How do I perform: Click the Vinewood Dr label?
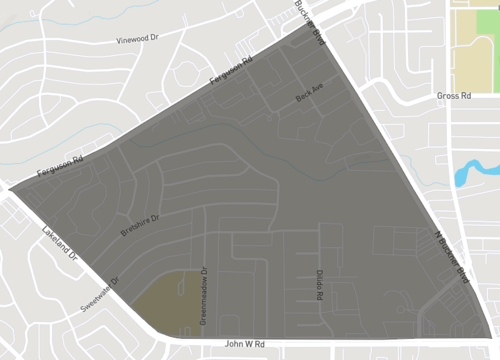click(138, 38)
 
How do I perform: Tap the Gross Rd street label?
click(453, 97)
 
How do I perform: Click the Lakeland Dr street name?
click(60, 243)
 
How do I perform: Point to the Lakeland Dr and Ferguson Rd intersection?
click(12, 187)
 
